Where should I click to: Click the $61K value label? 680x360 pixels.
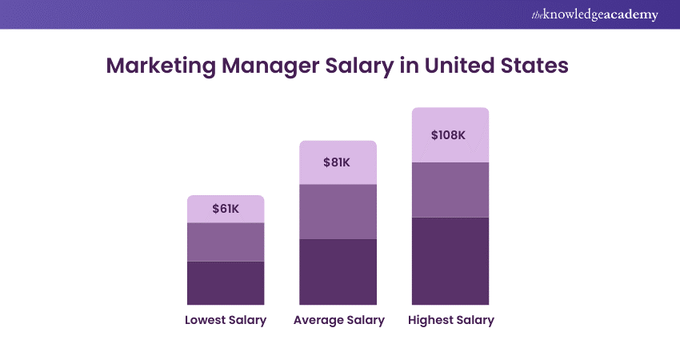226,209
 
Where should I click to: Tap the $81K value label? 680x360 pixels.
337,162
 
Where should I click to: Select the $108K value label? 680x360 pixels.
448,134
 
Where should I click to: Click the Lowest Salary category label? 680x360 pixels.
226,320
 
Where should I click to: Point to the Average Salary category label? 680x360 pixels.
339,320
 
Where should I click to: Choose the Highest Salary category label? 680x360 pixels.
451,320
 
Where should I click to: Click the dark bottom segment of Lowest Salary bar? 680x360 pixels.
226,282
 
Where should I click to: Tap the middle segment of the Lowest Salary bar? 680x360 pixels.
226,242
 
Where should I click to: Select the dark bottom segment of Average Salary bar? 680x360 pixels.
338,271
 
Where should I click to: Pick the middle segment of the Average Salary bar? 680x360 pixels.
338,211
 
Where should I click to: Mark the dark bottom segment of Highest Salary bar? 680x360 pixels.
450,260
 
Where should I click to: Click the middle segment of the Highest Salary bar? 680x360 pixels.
450,190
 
